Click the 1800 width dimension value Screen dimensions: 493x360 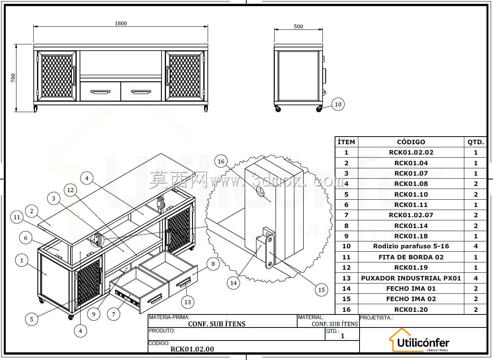[x=120, y=23]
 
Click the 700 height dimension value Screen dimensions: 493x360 [x=13, y=78]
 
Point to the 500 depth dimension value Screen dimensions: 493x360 [x=298, y=26]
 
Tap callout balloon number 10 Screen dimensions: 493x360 [x=338, y=104]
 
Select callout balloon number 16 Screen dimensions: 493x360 [x=221, y=161]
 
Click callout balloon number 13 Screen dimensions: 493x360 [x=187, y=302]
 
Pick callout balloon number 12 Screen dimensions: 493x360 [x=70, y=190]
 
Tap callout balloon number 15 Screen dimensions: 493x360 [x=321, y=290]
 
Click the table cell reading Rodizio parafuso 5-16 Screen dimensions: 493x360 [x=411, y=246]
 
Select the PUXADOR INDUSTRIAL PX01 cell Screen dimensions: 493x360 [x=411, y=278]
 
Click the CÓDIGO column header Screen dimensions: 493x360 [x=411, y=142]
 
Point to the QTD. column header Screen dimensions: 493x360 [x=476, y=142]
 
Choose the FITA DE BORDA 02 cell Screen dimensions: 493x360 [x=411, y=257]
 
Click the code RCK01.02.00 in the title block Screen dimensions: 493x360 [x=192, y=349]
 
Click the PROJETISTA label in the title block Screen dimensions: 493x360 [x=376, y=318]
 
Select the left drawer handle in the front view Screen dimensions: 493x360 [x=100, y=91]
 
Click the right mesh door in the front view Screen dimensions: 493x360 [x=184, y=76]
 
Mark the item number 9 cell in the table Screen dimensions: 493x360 [x=346, y=236]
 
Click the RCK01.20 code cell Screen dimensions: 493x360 [x=411, y=310]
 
